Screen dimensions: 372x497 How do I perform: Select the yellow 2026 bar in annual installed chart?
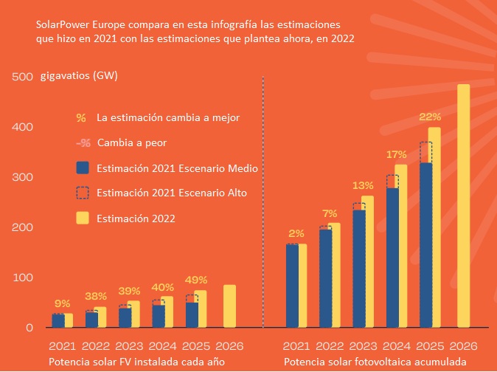229,306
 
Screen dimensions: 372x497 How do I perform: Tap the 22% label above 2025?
430,117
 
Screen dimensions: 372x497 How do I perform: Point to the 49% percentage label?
197,280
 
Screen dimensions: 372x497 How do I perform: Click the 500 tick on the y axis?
23,77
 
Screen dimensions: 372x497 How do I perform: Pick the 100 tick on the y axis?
23,278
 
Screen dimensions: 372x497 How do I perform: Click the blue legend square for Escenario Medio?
83,168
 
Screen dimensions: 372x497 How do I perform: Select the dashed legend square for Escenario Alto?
83,193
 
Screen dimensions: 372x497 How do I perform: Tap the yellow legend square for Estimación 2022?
83,218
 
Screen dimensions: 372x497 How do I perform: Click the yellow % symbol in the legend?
81,117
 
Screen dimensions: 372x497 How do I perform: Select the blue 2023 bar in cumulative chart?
359,269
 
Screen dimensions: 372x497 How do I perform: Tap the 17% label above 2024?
397,154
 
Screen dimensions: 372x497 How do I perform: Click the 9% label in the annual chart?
63,303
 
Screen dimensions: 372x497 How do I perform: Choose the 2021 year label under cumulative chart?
297,345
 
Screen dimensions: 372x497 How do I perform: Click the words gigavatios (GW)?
80,77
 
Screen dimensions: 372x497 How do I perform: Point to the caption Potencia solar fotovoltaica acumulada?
375,362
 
